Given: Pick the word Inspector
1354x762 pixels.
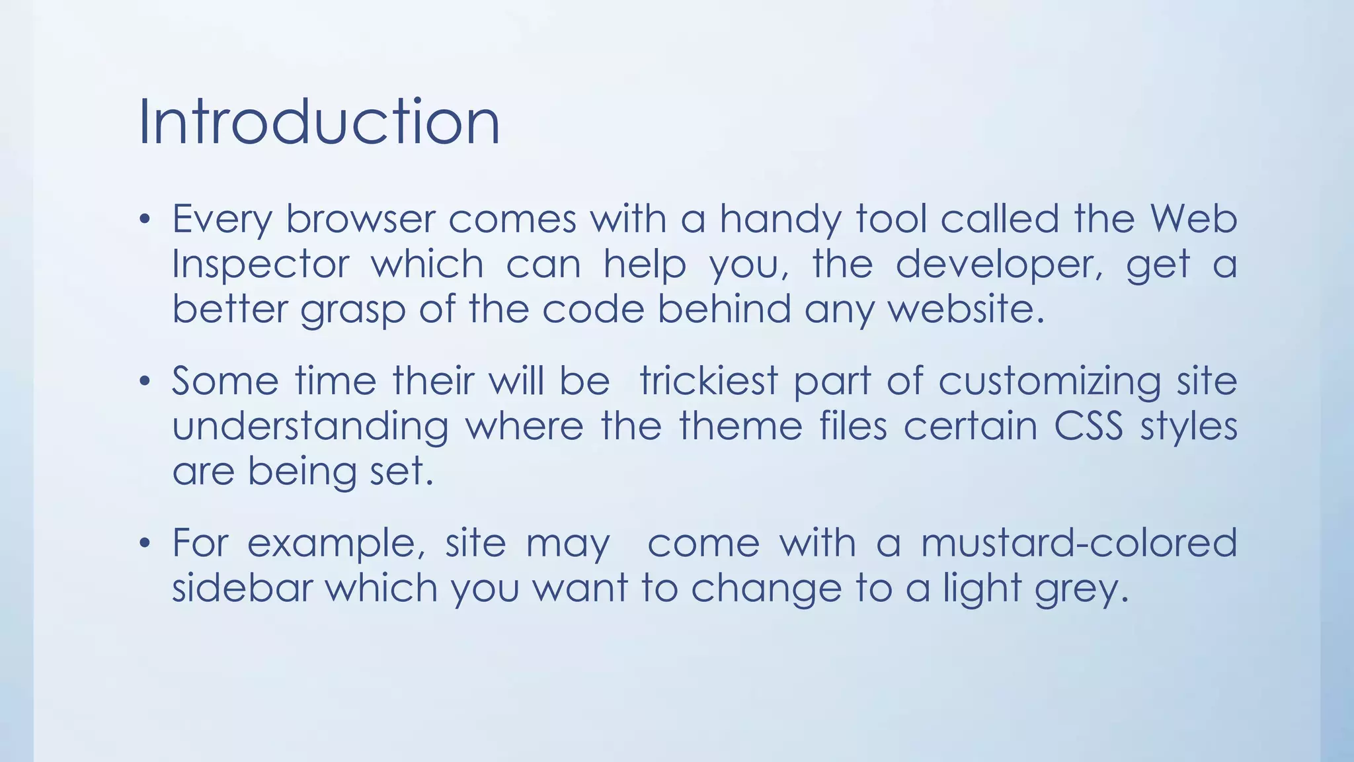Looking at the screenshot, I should [x=260, y=265].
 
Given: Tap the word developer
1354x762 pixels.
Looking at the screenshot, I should [x=999, y=265].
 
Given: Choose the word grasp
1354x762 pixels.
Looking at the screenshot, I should [x=352, y=310].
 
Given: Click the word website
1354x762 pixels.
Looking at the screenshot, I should [x=965, y=309].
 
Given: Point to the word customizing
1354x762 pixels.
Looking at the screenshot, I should [x=1049, y=382].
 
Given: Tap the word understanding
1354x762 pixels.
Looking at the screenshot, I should [x=310, y=427].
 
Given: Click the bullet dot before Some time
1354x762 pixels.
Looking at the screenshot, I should [x=145, y=382].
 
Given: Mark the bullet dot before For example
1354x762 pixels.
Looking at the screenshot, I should [x=145, y=544].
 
